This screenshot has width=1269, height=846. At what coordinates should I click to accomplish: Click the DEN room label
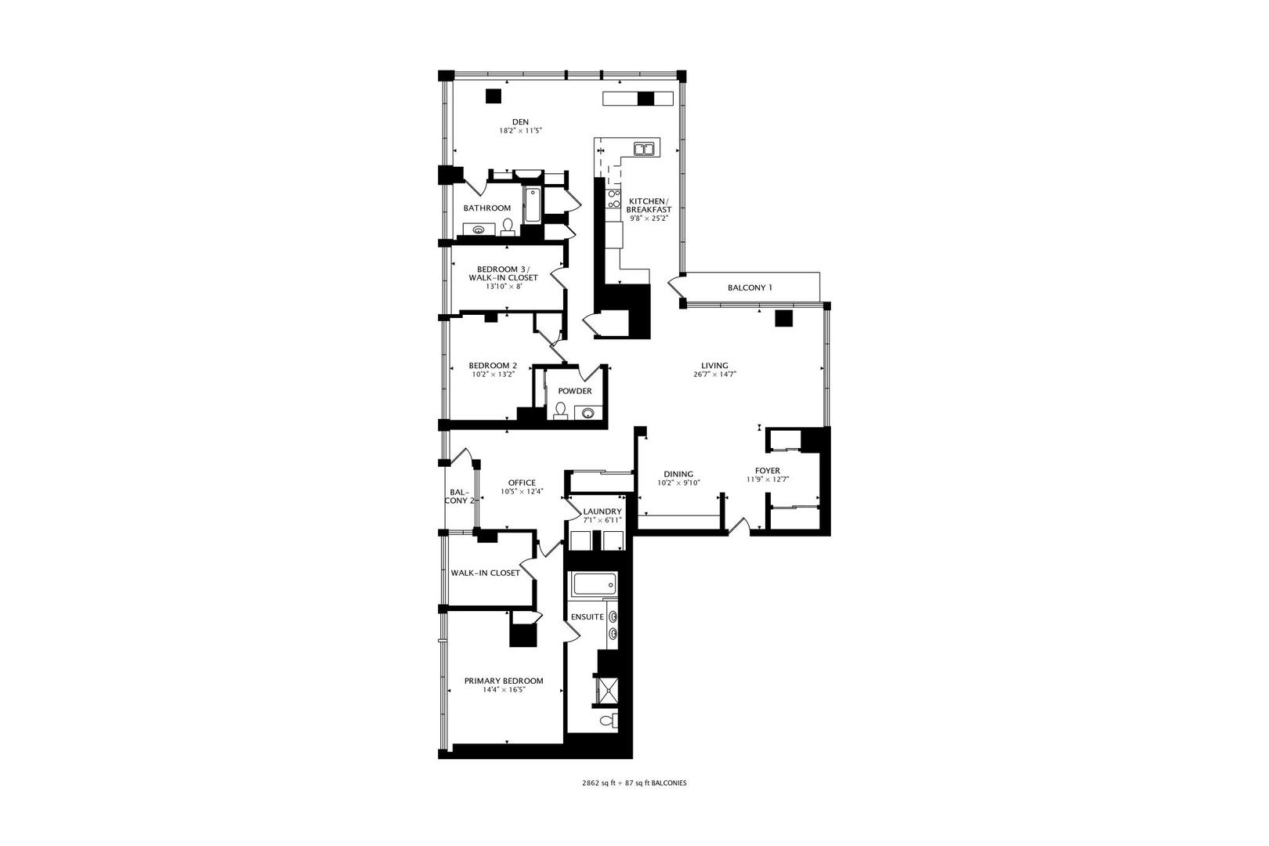click(521, 121)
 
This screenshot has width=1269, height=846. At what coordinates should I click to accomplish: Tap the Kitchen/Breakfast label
click(649, 205)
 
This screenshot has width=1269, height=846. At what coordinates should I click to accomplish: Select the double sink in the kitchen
click(644, 149)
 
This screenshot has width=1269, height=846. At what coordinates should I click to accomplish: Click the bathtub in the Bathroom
click(533, 204)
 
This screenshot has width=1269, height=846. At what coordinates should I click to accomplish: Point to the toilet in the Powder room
click(560, 410)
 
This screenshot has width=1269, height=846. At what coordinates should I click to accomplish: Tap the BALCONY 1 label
click(750, 287)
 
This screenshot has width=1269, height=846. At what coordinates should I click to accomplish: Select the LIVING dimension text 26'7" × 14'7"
click(714, 374)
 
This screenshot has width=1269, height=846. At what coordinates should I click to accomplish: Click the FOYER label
click(767, 471)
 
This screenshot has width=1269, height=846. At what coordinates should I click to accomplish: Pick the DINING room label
click(678, 474)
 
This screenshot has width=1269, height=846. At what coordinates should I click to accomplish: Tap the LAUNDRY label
click(602, 512)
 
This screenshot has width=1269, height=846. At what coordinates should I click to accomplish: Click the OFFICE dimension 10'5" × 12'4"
click(522, 492)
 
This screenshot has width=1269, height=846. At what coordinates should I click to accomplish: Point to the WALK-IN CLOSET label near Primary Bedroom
click(485, 573)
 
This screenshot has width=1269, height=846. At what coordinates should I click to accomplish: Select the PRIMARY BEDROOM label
click(503, 681)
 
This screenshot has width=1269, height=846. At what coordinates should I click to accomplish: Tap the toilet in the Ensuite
click(607, 720)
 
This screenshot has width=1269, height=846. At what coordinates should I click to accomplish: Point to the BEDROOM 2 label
click(492, 365)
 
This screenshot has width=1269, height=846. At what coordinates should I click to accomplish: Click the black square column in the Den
click(493, 96)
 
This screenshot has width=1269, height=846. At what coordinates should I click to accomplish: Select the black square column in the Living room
click(783, 318)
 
